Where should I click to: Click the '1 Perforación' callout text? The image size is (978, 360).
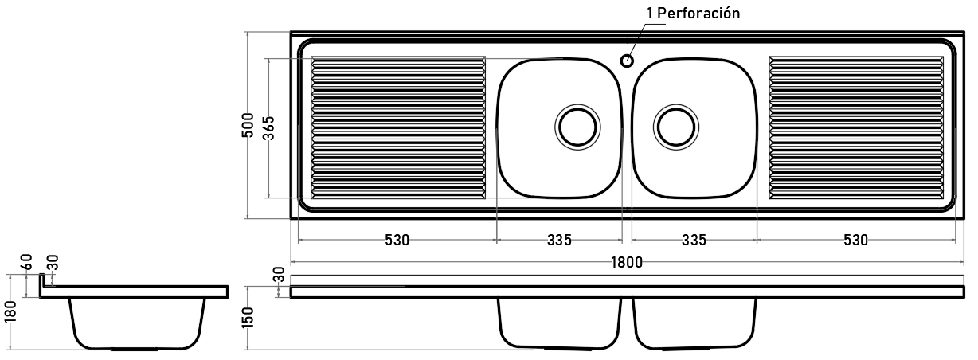tap(694, 14)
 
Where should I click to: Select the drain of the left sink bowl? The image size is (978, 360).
tap(577, 127)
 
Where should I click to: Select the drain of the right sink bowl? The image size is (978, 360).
tap(676, 127)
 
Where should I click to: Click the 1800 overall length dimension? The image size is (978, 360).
tap(627, 262)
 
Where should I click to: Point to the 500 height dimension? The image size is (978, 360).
tap(248, 125)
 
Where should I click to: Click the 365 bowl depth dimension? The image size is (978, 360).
tap(269, 128)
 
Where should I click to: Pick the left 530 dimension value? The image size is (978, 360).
tap(397, 240)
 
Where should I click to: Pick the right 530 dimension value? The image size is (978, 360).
tap(855, 240)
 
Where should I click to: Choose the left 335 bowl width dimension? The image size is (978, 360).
tap(559, 240)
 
